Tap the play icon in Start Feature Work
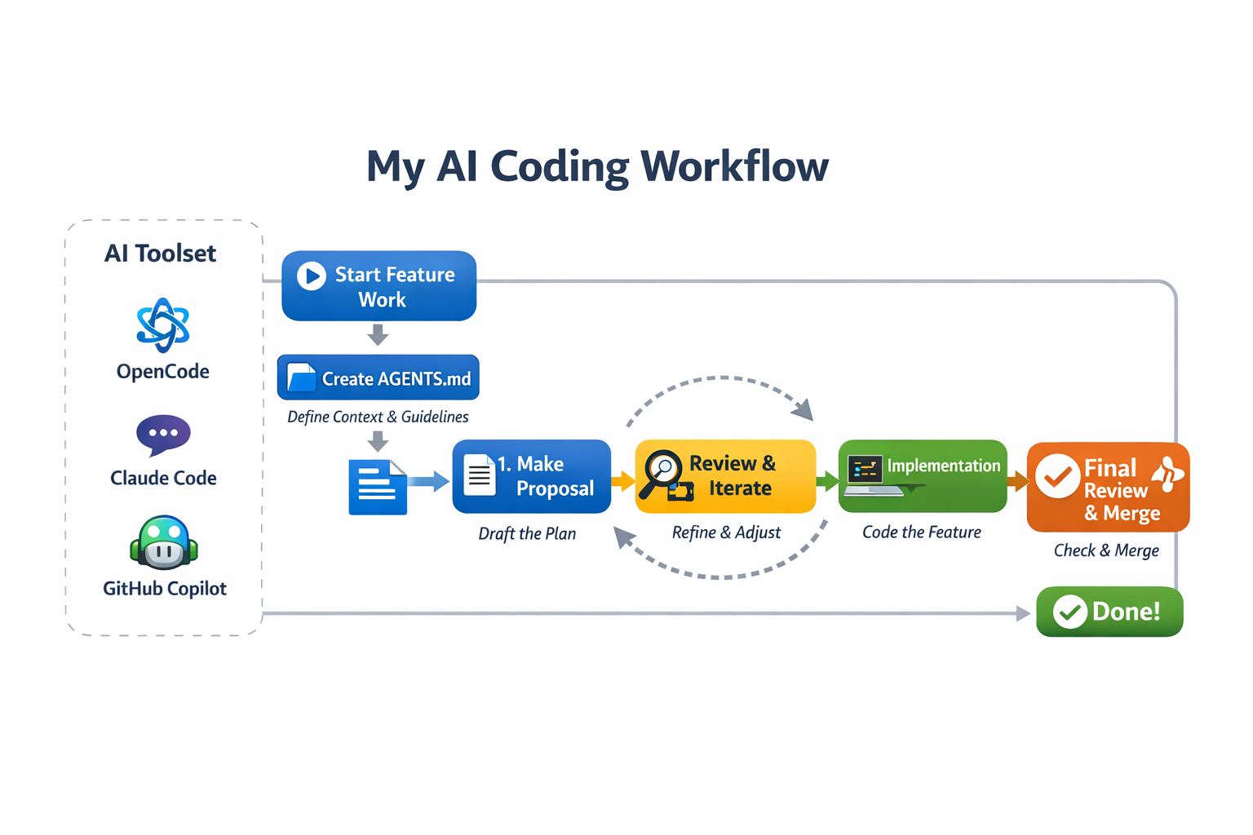311,276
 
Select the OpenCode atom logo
163,325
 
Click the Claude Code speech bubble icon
163,434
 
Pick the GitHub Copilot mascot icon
164,542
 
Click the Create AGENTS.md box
378,378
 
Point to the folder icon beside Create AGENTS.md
302,378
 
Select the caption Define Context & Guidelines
378,417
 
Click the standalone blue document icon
378,487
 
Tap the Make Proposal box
532,476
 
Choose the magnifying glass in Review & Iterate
661,471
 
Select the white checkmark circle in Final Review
1058,476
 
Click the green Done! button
1109,612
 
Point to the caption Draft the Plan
527,534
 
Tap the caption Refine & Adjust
726,532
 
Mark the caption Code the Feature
922,532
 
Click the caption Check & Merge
1106,550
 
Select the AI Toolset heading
160,254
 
